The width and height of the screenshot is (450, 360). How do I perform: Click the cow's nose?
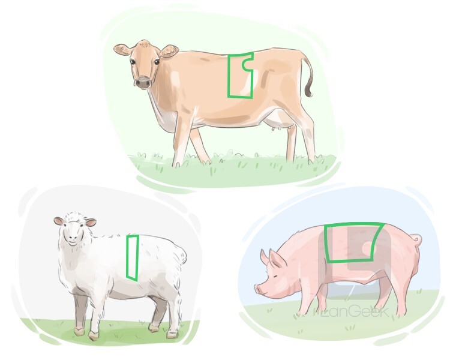(x=142, y=83)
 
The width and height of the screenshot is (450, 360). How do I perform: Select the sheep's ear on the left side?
(x=58, y=221)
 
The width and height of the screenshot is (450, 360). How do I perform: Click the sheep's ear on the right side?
(x=91, y=223)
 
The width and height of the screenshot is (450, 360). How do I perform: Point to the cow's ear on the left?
(x=123, y=50)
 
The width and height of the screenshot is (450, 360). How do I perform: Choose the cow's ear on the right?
(x=169, y=52)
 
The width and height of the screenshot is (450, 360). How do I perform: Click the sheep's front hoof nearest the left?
(x=79, y=332)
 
